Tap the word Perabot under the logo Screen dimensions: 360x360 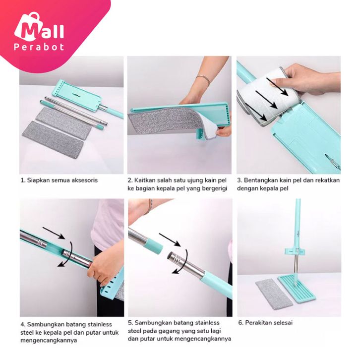point(39,47)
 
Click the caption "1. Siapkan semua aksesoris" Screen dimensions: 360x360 point(59,180)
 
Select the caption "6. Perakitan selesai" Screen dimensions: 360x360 point(265,323)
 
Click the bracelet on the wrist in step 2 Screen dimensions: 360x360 point(203,79)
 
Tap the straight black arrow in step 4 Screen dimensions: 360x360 point(54,233)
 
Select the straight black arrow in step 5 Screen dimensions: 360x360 point(170,240)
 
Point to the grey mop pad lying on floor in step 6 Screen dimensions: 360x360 point(274,294)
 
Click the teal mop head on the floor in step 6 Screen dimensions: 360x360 point(297,289)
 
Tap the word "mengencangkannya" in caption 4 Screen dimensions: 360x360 point(49,341)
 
